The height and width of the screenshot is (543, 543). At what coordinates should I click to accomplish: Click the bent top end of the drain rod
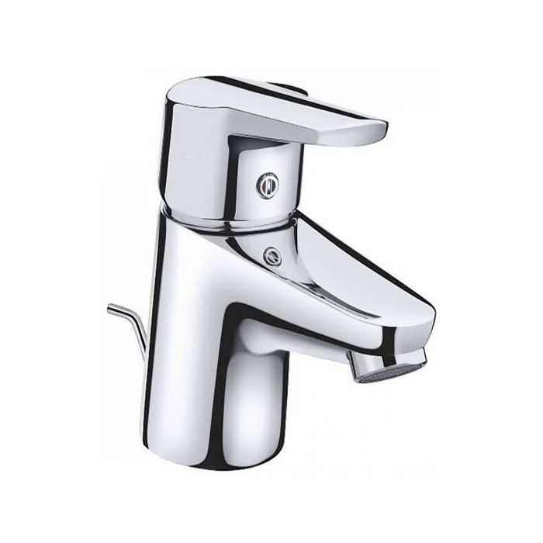pos(112,310)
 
